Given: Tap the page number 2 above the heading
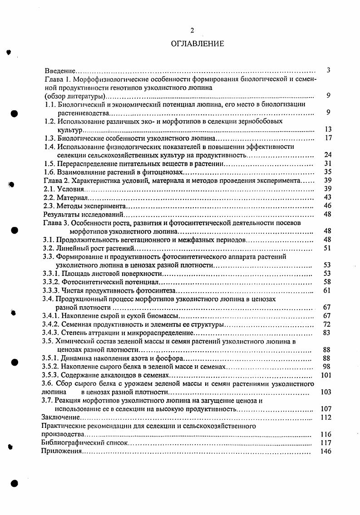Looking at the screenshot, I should click(192, 30).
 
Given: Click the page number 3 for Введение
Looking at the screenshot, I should click(328, 70).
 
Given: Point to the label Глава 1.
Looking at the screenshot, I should click(57, 79).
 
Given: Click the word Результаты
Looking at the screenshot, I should click(60, 214).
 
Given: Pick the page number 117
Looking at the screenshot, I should click(326, 442).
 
